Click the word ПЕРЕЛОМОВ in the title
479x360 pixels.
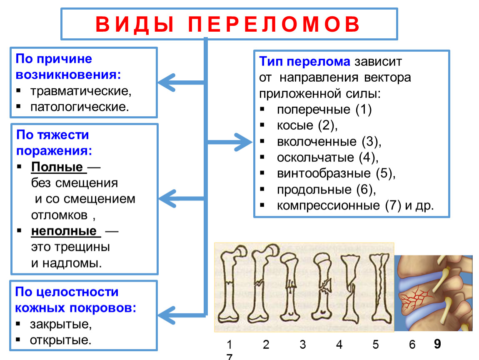pos(274,24)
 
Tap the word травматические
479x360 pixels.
pos(81,91)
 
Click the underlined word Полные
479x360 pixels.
pos(57,167)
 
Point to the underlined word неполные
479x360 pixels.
pos(64,231)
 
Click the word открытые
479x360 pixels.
pos(60,340)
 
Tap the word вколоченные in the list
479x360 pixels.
pos(317,142)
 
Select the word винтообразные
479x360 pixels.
pos(324,173)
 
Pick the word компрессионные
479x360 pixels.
pos(328,205)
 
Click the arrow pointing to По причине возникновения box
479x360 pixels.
pos(182,82)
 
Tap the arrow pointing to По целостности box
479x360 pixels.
pos(182,315)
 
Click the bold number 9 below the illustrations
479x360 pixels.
pos(437,344)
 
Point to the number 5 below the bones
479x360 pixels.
pos(375,345)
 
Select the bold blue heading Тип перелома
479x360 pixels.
pos(304,61)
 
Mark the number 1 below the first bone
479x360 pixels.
pos(230,345)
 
